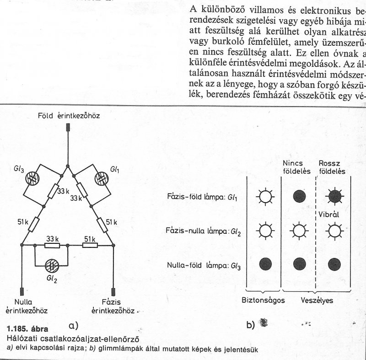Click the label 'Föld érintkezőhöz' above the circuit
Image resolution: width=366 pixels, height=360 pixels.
(69, 116)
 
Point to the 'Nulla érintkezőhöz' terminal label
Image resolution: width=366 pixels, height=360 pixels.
(27, 306)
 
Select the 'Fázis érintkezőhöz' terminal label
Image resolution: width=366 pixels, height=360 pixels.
(111, 306)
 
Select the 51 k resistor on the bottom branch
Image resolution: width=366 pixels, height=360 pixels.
(90, 246)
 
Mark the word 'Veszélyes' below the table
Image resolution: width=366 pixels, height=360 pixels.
(316, 301)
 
